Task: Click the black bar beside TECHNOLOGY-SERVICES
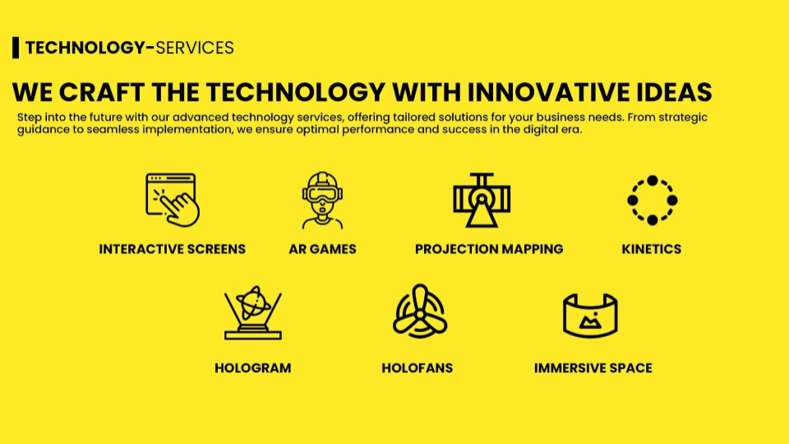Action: [16, 48]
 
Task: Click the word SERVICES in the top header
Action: [195, 48]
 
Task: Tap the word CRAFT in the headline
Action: [102, 92]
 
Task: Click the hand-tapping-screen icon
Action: [173, 200]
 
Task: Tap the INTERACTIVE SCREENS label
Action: [172, 249]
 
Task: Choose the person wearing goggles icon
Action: [322, 201]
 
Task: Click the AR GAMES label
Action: [322, 249]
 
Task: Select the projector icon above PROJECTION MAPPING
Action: [482, 200]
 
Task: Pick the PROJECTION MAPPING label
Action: [489, 249]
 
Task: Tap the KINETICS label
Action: [652, 249]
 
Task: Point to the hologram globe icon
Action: [253, 312]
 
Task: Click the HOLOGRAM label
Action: [252, 368]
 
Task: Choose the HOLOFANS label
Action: [418, 368]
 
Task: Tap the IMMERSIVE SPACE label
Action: [593, 368]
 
